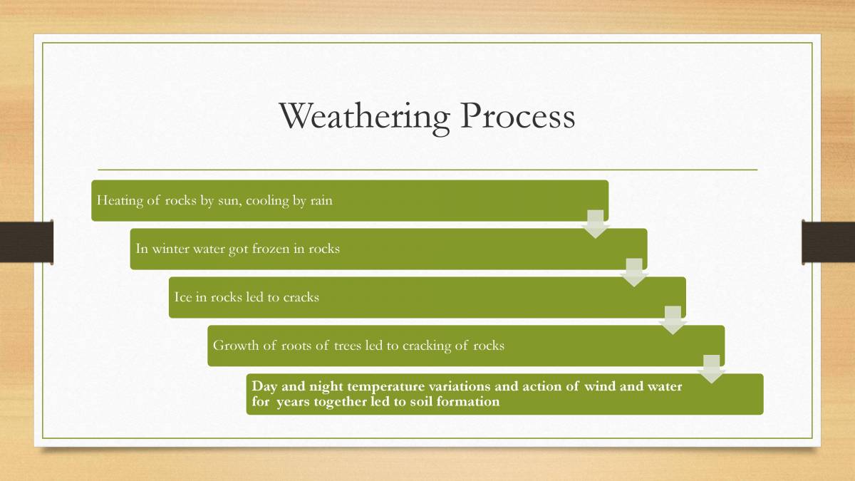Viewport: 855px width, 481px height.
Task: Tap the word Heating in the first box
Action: point(120,201)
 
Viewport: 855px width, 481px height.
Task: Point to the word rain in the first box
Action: point(321,201)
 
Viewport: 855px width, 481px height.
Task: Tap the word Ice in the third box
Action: point(183,297)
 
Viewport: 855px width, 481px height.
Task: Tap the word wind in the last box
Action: point(600,387)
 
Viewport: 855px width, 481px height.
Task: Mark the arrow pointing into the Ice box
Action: point(634,272)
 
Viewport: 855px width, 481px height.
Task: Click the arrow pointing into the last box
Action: point(712,369)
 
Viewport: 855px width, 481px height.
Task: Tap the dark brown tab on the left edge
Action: point(26,242)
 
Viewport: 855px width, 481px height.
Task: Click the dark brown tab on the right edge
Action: point(828,242)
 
